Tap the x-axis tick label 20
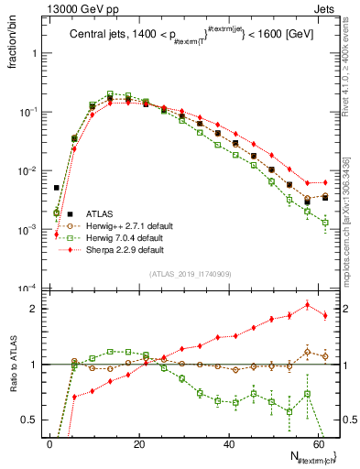pyautogui.click(x=138, y=443)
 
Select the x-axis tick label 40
pyautogui.click(x=227, y=443)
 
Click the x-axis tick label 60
pyautogui.click(x=316, y=443)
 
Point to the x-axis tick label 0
pyautogui.click(x=49, y=443)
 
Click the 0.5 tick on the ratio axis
pyautogui.click(x=32, y=420)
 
